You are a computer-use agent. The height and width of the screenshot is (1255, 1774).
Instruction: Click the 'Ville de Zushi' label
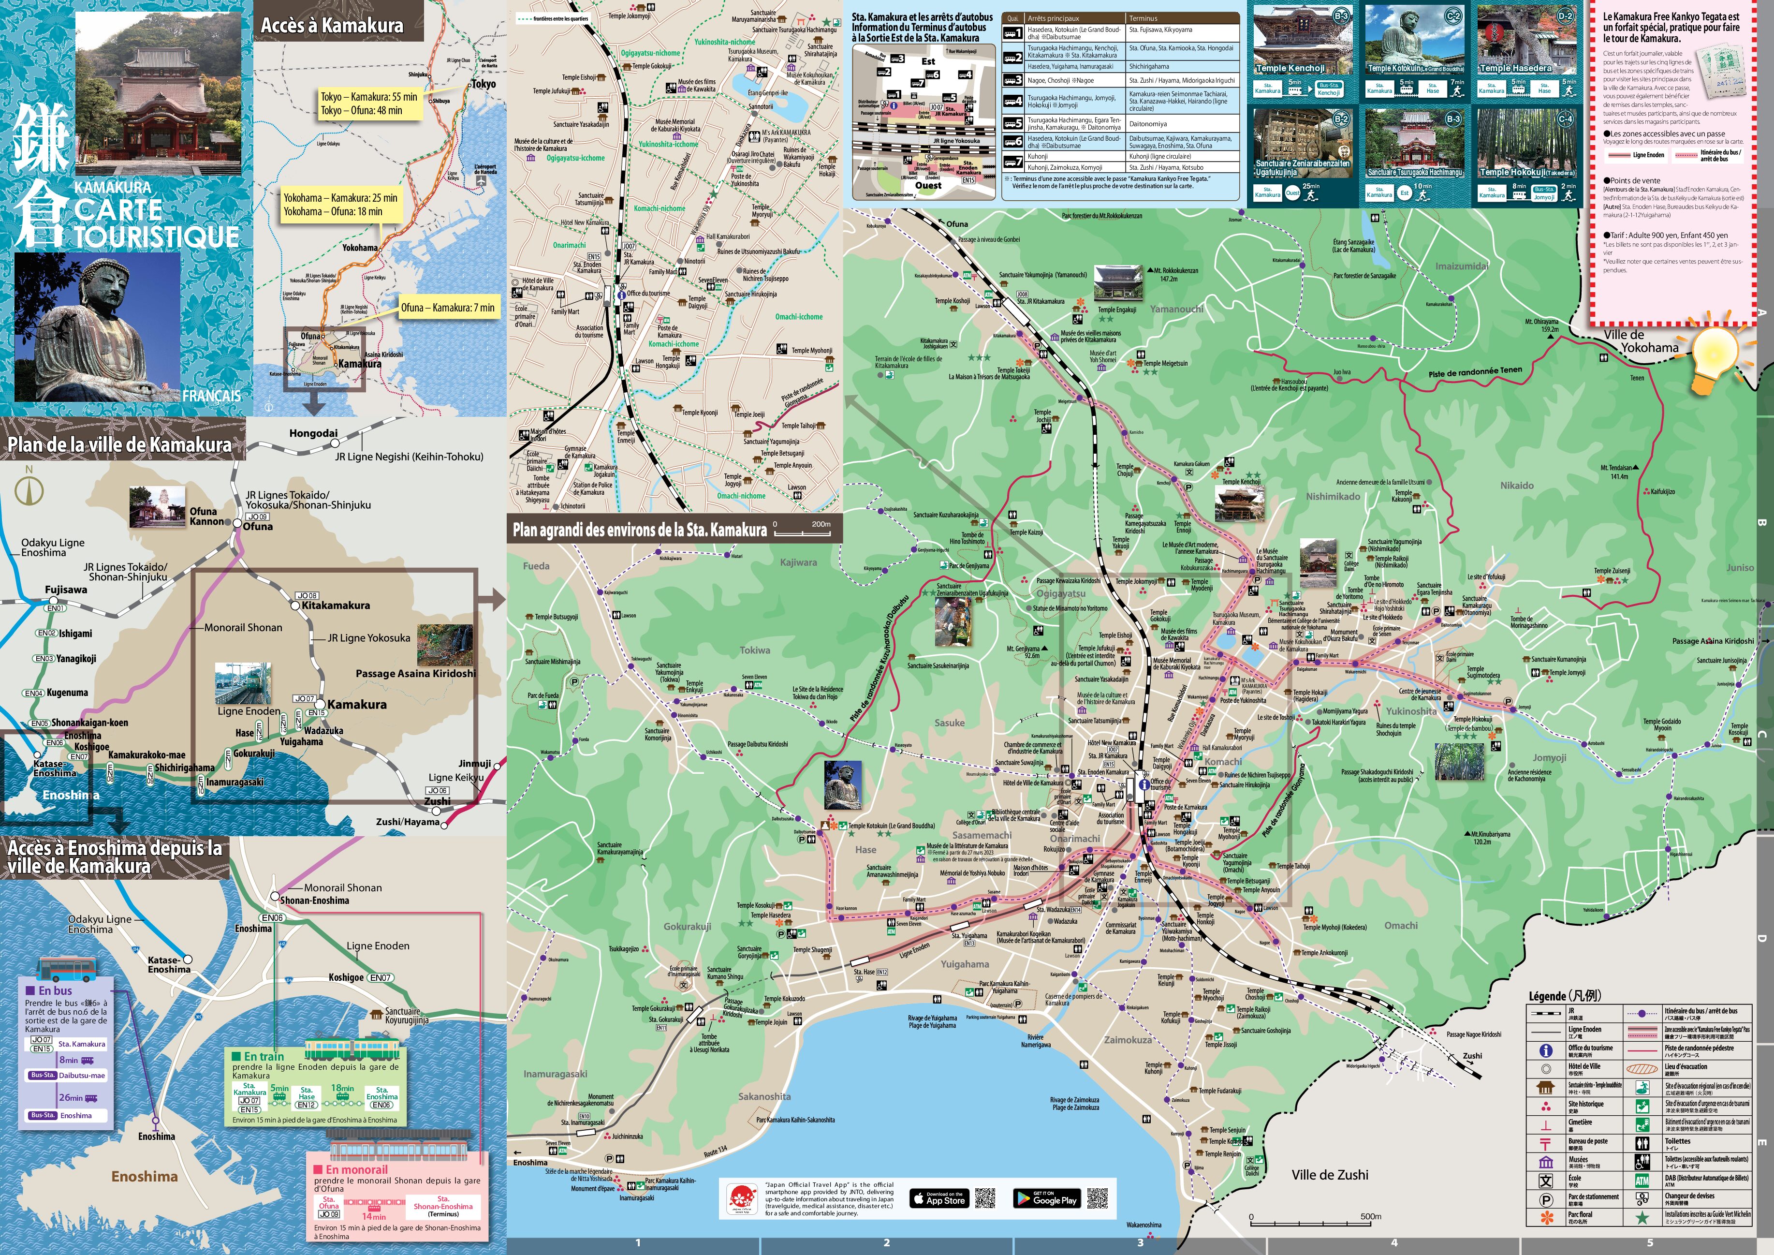pos(1330,1175)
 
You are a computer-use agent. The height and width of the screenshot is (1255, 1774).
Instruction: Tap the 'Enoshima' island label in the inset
pos(145,1176)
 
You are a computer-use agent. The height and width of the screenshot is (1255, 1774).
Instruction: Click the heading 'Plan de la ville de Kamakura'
pos(120,444)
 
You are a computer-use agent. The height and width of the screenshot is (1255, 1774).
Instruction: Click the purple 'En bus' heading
pos(55,991)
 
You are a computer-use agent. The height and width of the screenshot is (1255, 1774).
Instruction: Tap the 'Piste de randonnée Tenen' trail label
pos(1474,372)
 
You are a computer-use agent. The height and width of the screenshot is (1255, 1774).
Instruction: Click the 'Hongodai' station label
pos(313,433)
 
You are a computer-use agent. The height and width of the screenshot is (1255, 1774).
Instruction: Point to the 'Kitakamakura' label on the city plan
pos(336,605)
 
